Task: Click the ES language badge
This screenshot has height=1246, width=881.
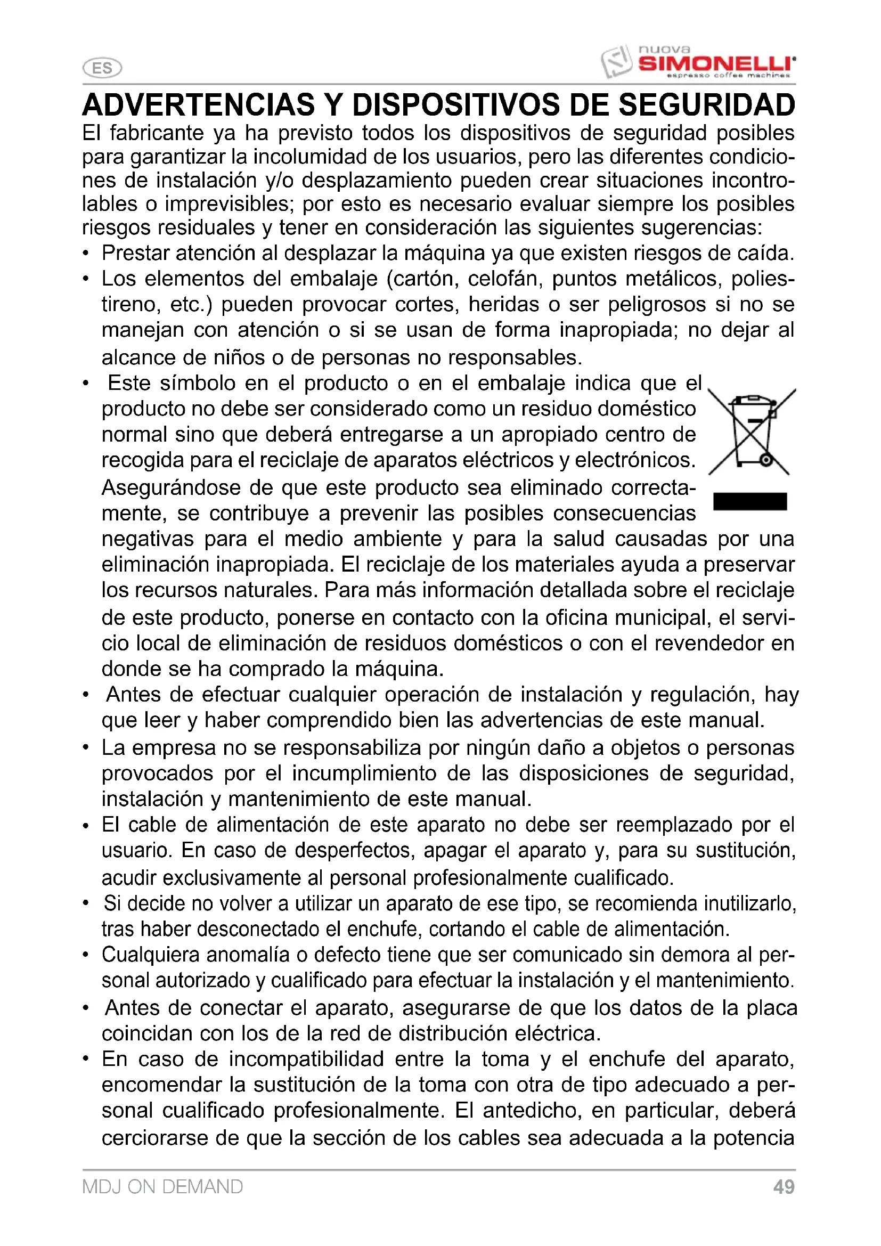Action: (x=102, y=68)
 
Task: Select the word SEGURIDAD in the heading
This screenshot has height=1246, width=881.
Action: (x=706, y=105)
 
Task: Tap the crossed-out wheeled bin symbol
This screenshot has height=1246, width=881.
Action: (x=752, y=432)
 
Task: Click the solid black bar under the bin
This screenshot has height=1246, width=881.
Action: (x=750, y=501)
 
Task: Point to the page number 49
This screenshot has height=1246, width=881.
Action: (x=784, y=1187)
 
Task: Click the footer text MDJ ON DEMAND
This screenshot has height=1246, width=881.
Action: (x=162, y=1187)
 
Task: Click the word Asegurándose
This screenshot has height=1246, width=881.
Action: (x=170, y=488)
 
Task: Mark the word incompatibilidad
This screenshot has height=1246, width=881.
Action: (x=305, y=1059)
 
